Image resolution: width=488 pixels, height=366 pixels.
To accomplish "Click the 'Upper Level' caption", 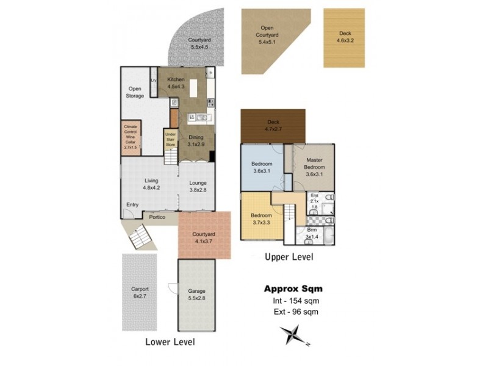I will tap(289, 257).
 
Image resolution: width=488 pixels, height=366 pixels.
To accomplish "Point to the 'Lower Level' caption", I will tap(170, 342).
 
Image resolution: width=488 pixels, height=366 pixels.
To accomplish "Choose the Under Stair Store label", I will tap(170, 139).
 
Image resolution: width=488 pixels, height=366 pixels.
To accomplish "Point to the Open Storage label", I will tap(135, 92).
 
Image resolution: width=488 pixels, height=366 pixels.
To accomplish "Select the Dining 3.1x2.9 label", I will tap(195, 142).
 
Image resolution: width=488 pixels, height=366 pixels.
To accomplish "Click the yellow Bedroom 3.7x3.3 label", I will tap(262, 219).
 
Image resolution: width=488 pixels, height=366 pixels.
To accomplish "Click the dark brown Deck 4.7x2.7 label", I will tap(273, 126).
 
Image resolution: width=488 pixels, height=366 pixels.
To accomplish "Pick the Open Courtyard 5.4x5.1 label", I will tap(267, 38).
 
